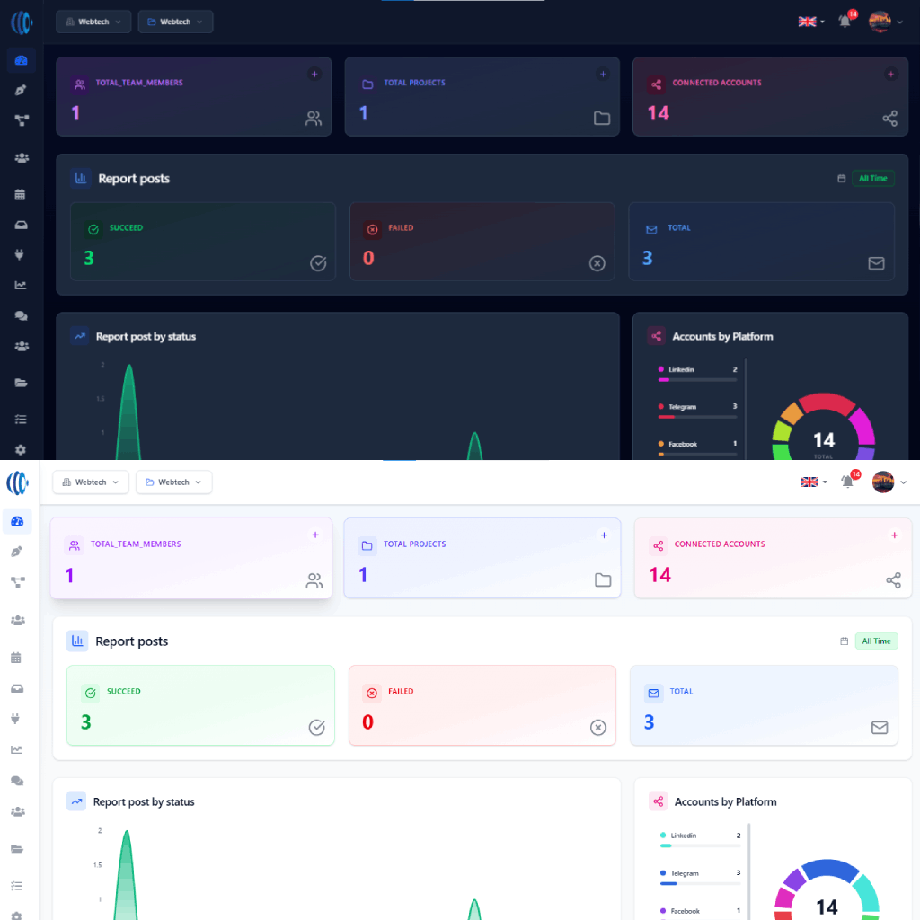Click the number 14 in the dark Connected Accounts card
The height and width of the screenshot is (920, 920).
click(659, 113)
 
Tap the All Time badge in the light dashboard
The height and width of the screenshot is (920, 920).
click(876, 641)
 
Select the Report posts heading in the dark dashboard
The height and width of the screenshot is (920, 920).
click(134, 179)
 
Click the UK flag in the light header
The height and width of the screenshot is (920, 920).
click(809, 482)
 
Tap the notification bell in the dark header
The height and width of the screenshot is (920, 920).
click(845, 22)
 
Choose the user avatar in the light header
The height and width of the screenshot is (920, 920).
click(883, 482)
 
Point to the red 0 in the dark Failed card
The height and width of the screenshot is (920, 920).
click(368, 259)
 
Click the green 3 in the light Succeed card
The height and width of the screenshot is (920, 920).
click(86, 722)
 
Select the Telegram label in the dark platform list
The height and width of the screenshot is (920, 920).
click(682, 407)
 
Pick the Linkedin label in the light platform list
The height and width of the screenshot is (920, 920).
click(683, 836)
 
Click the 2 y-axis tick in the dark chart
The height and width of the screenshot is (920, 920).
click(102, 365)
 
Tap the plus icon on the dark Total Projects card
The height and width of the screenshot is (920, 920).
click(602, 75)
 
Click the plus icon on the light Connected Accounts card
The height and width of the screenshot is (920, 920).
click(894, 535)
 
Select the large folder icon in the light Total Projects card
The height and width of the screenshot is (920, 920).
click(603, 580)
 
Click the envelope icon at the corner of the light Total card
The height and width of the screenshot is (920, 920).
click(880, 728)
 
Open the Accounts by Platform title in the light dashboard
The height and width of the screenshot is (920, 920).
click(725, 802)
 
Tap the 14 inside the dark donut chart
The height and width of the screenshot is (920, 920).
click(824, 440)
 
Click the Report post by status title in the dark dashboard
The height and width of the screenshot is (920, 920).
click(146, 337)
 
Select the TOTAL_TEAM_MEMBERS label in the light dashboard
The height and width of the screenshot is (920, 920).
click(136, 544)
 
